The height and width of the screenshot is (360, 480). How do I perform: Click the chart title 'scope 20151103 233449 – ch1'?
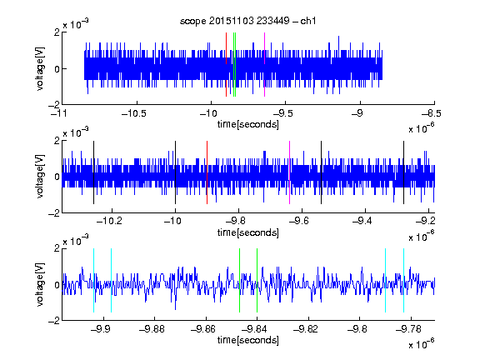(247, 21)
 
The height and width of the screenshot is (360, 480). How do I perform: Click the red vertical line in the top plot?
(226, 65)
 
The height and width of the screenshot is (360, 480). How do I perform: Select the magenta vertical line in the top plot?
(264, 65)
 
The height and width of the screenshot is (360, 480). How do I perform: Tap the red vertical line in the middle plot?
(207, 172)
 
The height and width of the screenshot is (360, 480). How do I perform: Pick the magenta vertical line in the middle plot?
(290, 172)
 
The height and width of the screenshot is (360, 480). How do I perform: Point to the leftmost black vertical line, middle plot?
(93, 172)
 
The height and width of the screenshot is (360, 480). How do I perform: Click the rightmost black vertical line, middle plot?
(403, 172)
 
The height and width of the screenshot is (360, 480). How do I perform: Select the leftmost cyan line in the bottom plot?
(93, 280)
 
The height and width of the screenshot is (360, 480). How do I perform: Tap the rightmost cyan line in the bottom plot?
(403, 280)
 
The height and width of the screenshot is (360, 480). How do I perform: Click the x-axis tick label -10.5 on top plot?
(134, 113)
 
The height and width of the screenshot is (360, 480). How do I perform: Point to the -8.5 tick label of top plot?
(432, 113)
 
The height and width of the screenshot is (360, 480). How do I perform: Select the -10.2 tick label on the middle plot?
(109, 221)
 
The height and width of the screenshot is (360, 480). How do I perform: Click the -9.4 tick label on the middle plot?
(362, 221)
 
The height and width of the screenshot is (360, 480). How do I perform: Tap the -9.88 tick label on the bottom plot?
(152, 329)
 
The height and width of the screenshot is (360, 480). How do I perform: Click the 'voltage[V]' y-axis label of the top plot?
(40, 68)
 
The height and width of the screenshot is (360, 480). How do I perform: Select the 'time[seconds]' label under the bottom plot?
(248, 340)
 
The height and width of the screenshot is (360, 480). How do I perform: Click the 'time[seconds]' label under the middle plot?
(248, 232)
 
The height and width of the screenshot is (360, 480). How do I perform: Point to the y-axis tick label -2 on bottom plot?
(54, 321)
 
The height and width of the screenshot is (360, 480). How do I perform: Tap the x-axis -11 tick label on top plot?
(59, 113)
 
